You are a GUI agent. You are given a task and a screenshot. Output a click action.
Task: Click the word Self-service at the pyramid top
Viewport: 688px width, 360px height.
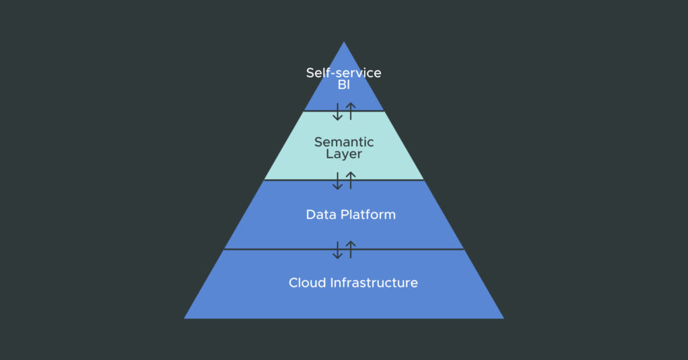click(343, 73)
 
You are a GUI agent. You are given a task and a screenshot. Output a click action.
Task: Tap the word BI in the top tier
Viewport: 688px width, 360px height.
click(344, 85)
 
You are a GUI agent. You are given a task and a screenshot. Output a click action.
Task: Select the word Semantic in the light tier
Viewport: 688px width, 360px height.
click(344, 142)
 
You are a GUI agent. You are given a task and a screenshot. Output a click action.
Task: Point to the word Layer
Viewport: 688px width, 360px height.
click(344, 154)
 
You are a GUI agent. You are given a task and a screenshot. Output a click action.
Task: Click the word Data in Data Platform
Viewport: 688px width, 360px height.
click(319, 215)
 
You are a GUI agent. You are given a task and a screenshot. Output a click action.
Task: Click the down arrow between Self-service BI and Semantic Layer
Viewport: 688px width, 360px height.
click(338, 111)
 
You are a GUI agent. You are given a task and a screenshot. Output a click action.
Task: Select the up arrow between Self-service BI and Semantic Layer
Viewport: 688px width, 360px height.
click(350, 111)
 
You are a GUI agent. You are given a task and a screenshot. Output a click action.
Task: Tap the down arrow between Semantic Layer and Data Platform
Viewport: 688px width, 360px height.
click(338, 181)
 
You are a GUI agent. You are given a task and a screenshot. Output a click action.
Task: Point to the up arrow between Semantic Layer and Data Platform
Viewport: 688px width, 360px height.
click(350, 181)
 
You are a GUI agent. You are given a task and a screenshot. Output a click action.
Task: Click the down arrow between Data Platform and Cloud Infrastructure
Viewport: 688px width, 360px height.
click(338, 250)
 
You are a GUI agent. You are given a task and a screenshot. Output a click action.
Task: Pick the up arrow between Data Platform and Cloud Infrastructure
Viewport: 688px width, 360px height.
click(350, 250)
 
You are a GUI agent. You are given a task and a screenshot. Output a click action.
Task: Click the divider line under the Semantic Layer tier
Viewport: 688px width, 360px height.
click(289, 180)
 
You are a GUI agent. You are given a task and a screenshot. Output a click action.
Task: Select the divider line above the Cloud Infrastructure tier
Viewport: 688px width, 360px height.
click(269, 249)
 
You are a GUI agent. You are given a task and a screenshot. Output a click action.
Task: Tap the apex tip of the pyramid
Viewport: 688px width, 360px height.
click(344, 43)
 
